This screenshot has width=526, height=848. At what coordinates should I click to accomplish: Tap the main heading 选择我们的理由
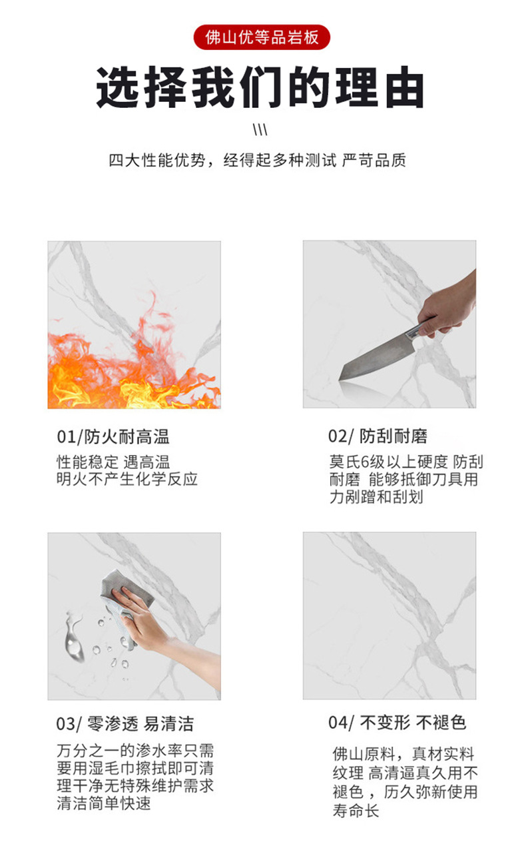click(x=260, y=88)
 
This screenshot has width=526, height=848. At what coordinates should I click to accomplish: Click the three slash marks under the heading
click(x=261, y=129)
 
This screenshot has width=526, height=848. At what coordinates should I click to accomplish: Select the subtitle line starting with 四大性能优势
click(x=257, y=161)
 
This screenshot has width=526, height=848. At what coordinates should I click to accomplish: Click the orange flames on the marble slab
click(x=120, y=366)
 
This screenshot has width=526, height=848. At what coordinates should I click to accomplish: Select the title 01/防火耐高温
click(x=113, y=437)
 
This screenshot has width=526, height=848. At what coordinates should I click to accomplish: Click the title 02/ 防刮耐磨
click(x=378, y=437)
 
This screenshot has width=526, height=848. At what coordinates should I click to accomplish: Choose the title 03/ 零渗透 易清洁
click(x=125, y=724)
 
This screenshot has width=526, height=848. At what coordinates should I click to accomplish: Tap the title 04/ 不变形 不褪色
click(x=397, y=723)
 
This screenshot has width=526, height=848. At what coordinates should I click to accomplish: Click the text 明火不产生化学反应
click(x=127, y=479)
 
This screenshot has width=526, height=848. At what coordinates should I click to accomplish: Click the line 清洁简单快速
click(x=104, y=803)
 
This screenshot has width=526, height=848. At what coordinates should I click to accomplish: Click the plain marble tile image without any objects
click(x=390, y=616)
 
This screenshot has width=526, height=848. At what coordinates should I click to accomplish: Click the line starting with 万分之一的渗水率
click(x=135, y=751)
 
